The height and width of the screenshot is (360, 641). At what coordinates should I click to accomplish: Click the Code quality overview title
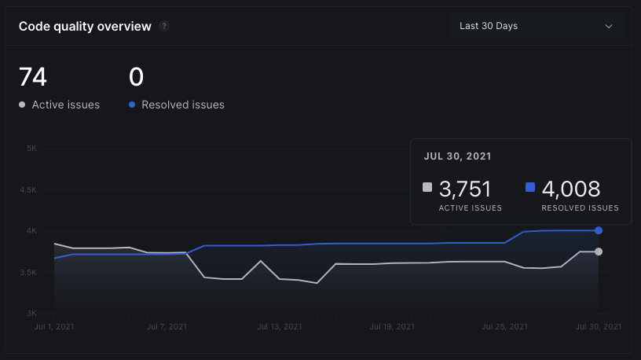[x=85, y=27]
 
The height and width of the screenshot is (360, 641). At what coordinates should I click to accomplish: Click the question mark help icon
[x=164, y=26]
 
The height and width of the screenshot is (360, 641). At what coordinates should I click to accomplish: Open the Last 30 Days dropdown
[x=537, y=26]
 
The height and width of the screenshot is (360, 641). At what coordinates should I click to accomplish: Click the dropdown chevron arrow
[x=609, y=26]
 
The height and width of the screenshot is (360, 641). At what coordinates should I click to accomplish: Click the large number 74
[x=33, y=77]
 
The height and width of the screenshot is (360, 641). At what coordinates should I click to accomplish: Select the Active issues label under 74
[x=65, y=105]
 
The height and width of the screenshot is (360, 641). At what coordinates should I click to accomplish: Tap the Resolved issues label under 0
[x=182, y=105]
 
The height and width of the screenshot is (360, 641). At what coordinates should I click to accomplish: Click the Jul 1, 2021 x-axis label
[x=55, y=326]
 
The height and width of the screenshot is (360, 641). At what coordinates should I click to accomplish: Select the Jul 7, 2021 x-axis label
[x=167, y=326]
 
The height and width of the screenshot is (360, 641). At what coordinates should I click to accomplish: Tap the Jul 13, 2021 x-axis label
[x=279, y=326]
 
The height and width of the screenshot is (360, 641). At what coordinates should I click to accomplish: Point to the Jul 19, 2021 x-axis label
[x=391, y=326]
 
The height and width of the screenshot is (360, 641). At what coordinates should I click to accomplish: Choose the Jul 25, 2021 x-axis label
[x=504, y=326]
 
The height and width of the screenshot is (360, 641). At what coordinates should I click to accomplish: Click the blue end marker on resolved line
[x=599, y=230]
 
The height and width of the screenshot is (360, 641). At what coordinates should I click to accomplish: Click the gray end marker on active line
[x=599, y=252]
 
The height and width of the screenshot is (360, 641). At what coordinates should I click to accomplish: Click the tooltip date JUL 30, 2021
[x=457, y=156]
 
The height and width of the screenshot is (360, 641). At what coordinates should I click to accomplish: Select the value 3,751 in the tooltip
[x=465, y=189]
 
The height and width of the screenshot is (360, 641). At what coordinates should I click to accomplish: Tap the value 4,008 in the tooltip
[x=570, y=189]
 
